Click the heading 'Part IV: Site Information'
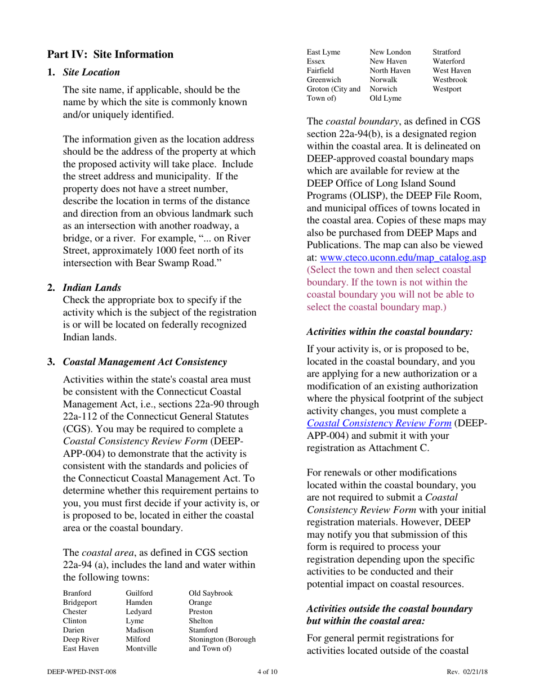click(110, 55)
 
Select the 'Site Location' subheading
click(91, 73)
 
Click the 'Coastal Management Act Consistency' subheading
click(145, 361)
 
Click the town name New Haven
click(389, 61)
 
